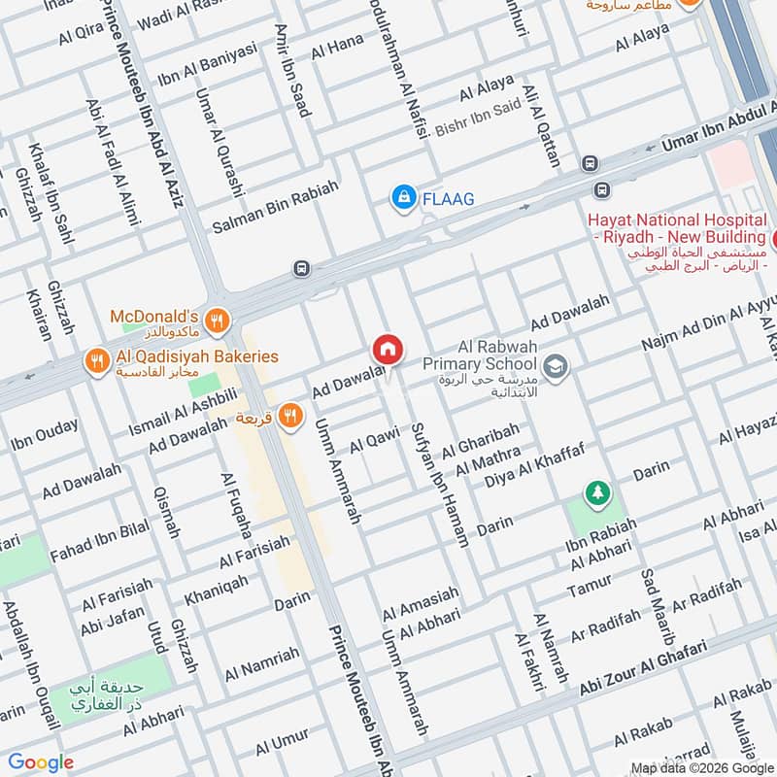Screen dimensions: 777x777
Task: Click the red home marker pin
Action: click(387, 349)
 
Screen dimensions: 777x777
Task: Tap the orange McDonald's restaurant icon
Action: click(220, 318)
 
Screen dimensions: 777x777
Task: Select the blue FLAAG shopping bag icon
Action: click(401, 198)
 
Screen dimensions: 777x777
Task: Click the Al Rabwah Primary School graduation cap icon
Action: click(557, 366)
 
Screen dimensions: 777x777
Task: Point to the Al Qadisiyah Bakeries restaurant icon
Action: click(96, 357)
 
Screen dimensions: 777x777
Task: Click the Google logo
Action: click(40, 761)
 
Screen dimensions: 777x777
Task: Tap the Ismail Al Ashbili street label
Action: click(184, 411)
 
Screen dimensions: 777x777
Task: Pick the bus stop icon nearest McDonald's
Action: click(303, 268)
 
